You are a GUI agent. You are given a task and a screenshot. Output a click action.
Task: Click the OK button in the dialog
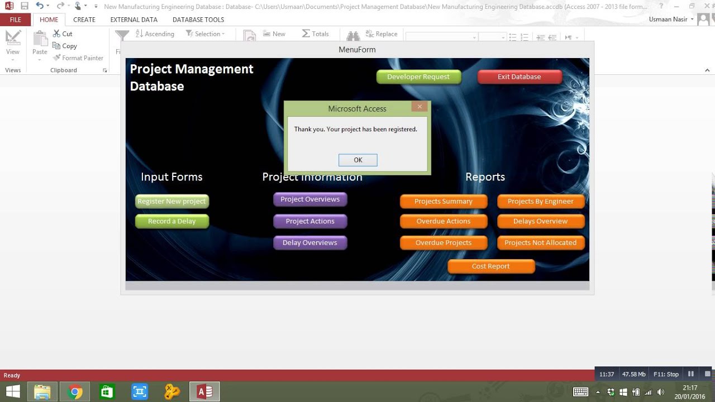pos(357,160)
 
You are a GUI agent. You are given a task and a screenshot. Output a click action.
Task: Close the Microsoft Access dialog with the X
pos(420,106)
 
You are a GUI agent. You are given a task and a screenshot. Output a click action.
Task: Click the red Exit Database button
pos(519,77)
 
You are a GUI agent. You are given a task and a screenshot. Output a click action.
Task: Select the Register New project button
pos(171,202)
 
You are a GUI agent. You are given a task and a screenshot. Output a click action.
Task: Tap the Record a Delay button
pos(171,222)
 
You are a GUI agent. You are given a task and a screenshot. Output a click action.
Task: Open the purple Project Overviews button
pos(310,199)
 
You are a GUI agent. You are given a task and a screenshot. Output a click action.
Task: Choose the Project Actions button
pos(310,222)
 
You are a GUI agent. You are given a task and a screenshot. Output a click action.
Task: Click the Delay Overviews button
pos(310,243)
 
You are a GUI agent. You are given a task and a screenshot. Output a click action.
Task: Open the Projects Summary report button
pos(444,202)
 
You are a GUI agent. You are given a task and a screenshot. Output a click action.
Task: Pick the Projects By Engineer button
pos(540,202)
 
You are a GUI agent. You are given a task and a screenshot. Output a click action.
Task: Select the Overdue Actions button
pos(444,222)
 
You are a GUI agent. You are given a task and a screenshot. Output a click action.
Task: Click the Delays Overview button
pos(540,222)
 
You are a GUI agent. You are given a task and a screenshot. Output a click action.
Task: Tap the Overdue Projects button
pos(444,243)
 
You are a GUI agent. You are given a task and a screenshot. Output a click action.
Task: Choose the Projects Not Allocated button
pos(540,243)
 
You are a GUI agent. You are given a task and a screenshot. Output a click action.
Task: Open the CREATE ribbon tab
pos(84,20)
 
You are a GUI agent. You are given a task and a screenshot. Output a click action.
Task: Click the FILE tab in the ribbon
pos(16,20)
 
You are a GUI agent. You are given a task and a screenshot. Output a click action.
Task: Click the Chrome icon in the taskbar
pos(75,392)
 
